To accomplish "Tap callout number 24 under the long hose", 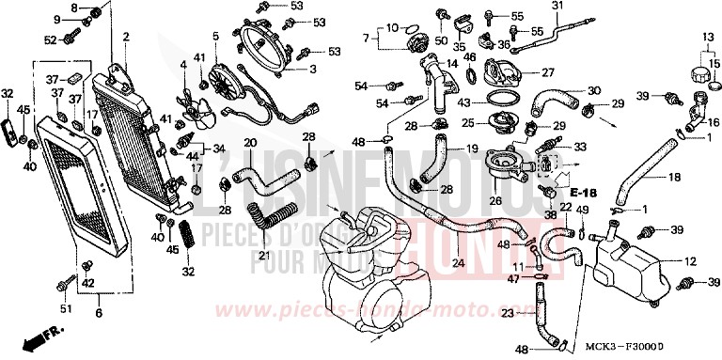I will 457,262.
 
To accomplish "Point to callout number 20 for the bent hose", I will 250,143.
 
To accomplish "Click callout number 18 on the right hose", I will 675,177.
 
